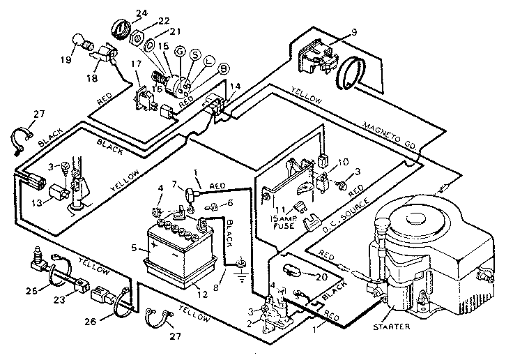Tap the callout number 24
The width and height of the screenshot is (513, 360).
tap(142, 13)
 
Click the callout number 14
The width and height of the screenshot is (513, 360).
tap(234, 86)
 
